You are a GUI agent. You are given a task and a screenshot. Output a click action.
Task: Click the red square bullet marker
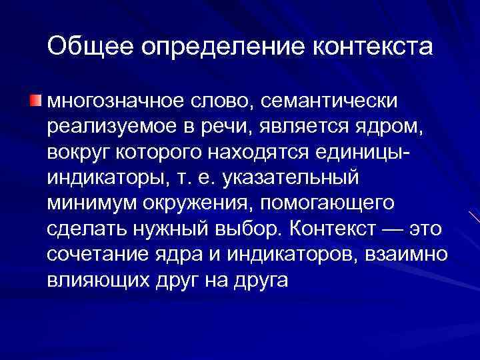[x=35, y=101]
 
